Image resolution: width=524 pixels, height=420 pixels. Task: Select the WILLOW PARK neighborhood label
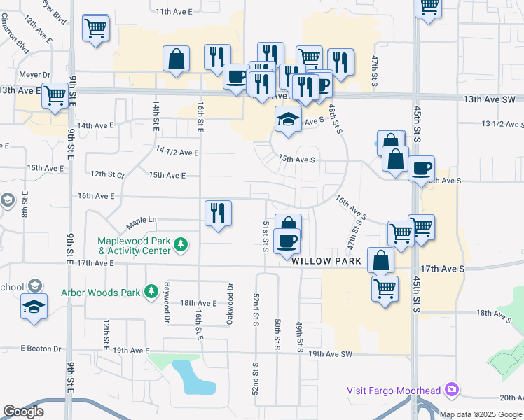(326, 260)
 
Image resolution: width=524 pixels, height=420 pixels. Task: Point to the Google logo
(23, 412)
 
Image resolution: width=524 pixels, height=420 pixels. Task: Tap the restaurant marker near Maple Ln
(218, 213)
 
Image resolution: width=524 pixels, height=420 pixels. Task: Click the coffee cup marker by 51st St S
(287, 242)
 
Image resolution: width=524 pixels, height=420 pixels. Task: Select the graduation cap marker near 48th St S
(288, 120)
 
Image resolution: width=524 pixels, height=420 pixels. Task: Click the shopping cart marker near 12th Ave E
(95, 29)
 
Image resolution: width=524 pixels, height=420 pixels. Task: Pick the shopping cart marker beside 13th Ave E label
(55, 96)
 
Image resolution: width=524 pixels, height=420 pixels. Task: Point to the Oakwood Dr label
(229, 297)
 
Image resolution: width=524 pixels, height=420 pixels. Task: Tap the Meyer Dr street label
(36, 74)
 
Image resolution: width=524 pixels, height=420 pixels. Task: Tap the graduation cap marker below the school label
(34, 308)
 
